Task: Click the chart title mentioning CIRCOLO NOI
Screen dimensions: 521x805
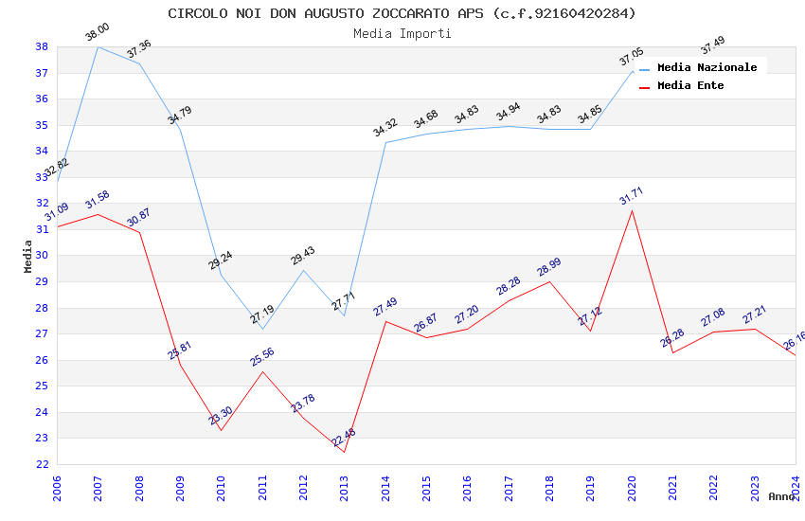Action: point(402,13)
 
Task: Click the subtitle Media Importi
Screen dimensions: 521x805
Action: point(402,33)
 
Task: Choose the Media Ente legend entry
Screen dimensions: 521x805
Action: point(690,85)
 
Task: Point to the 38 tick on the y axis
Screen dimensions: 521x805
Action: point(42,46)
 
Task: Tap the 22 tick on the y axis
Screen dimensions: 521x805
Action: point(42,464)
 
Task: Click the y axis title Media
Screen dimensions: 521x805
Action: point(28,256)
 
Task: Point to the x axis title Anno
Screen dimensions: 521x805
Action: point(781,496)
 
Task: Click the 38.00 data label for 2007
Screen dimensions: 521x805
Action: point(97,33)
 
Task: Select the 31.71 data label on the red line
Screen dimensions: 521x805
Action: point(632,196)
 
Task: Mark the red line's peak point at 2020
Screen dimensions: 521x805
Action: point(632,210)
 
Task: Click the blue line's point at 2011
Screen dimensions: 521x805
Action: point(262,329)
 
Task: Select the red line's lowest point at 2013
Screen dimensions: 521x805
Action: point(344,452)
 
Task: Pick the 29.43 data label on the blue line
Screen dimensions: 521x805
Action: point(303,257)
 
